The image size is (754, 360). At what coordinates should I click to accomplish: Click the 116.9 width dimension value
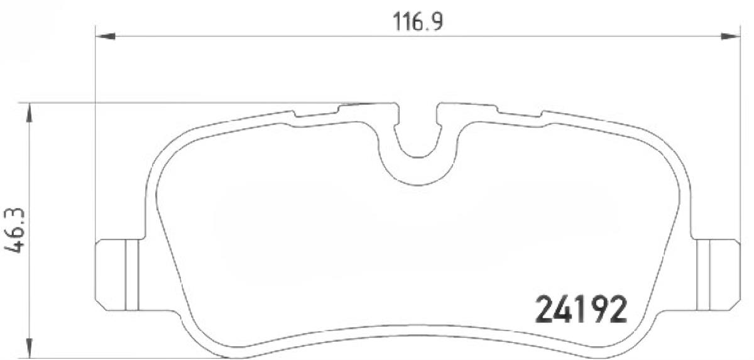(x=418, y=21)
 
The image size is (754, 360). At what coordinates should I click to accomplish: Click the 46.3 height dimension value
(x=15, y=230)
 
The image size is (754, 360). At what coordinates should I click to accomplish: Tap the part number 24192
(x=581, y=310)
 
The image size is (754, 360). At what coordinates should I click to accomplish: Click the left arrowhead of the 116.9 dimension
(x=106, y=36)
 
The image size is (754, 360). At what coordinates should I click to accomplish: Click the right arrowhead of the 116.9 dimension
(x=730, y=36)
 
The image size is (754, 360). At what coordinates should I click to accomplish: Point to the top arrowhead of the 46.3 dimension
(x=30, y=113)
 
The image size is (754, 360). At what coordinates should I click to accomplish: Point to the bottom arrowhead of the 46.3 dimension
(x=30, y=348)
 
